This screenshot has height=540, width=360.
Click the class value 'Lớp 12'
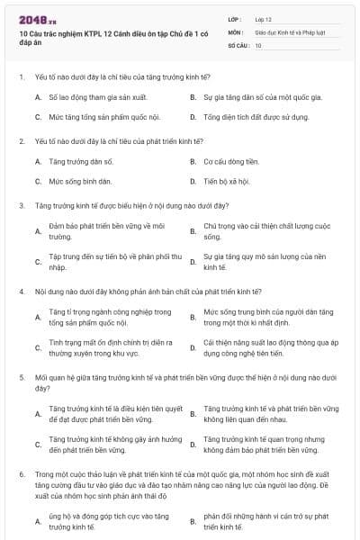coord(265,18)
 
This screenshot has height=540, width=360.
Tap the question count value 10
coord(258,44)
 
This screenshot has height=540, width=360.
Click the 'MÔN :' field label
coord(235,31)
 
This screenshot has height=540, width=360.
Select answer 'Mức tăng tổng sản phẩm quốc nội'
coord(98,117)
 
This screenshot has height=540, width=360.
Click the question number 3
coord(21,205)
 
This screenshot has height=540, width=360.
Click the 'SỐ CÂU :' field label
coord(238,44)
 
